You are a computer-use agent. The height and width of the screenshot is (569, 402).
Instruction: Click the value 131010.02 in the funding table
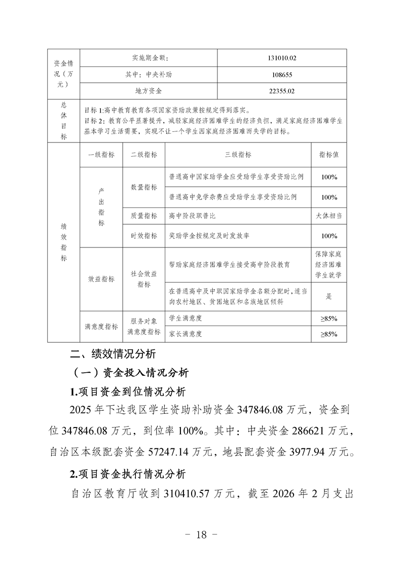pyautogui.click(x=282, y=58)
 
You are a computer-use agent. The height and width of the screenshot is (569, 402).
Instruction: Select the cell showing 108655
pyautogui.click(x=282, y=75)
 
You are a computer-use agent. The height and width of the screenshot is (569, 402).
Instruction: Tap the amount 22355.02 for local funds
pyautogui.click(x=282, y=91)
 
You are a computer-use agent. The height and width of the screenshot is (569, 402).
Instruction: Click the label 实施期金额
pyautogui.click(x=148, y=58)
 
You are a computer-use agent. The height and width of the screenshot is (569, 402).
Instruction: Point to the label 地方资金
pyautogui.click(x=148, y=91)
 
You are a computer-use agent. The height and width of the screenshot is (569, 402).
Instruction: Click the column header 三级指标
pyautogui.click(x=238, y=155)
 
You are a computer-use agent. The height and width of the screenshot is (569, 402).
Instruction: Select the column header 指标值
pyautogui.click(x=328, y=155)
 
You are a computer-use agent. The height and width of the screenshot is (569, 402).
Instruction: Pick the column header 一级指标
pyautogui.click(x=101, y=155)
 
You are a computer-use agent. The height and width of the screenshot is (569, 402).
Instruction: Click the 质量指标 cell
pyautogui.click(x=143, y=216)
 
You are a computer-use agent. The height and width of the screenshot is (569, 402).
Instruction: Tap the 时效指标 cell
pyautogui.click(x=143, y=236)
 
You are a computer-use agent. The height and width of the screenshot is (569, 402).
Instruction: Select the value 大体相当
pyautogui.click(x=328, y=216)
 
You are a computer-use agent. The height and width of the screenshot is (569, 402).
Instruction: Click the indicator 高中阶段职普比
pyautogui.click(x=193, y=216)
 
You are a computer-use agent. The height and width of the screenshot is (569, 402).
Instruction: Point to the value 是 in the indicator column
pyautogui.click(x=328, y=296)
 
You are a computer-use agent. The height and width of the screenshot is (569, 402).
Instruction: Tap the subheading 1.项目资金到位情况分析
pyautogui.click(x=128, y=392)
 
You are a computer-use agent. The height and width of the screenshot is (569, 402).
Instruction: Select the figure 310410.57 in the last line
pyautogui.click(x=189, y=493)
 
